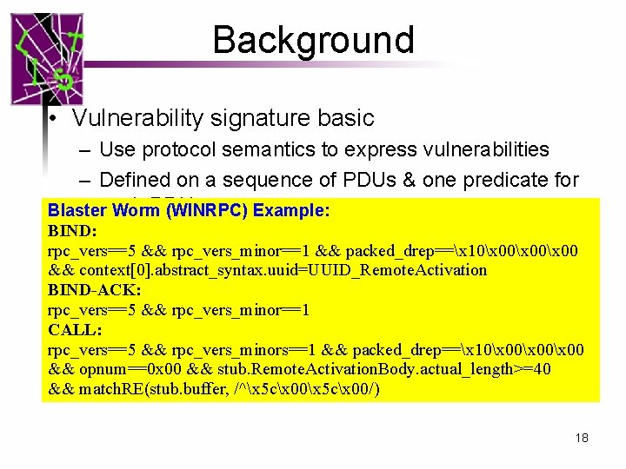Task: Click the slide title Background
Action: click(x=313, y=40)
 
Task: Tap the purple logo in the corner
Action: click(x=48, y=59)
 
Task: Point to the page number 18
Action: click(x=582, y=438)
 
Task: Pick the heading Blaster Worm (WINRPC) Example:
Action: click(x=189, y=210)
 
